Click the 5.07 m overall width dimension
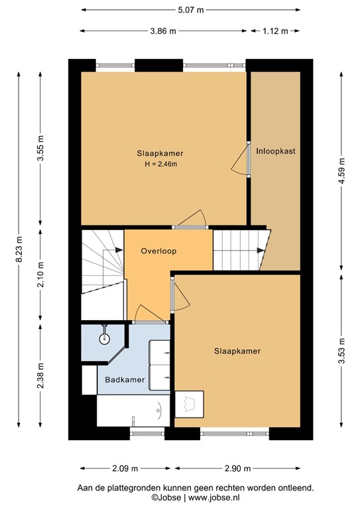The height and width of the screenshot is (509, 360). [190, 10]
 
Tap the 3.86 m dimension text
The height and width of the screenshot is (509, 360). [163, 30]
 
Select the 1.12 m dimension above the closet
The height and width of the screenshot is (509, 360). [274, 30]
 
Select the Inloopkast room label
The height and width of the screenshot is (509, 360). [275, 151]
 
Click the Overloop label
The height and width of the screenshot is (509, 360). [158, 252]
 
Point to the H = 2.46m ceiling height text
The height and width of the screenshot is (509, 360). [160, 164]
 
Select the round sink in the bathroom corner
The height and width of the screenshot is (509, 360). [104, 339]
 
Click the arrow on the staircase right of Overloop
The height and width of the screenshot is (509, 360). [260, 251]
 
